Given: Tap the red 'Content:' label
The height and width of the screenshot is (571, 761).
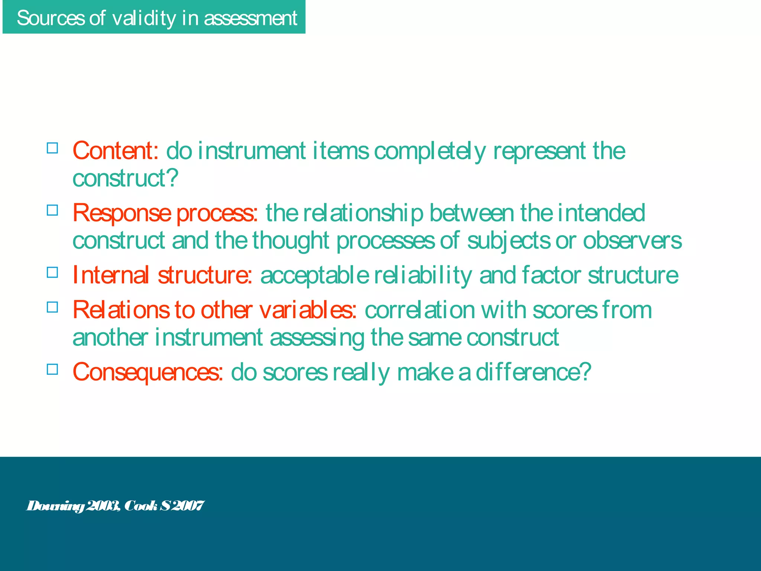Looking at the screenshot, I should (x=116, y=151).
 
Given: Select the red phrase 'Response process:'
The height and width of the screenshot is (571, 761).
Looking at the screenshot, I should (x=165, y=213).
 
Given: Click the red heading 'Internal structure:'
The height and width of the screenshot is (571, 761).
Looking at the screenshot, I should (x=162, y=275).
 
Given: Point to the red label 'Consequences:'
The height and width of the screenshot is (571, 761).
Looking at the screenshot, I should (x=148, y=372).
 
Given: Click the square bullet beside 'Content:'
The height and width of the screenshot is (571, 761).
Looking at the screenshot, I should (x=52, y=148).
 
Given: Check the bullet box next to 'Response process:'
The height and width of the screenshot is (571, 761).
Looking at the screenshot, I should (x=52, y=210).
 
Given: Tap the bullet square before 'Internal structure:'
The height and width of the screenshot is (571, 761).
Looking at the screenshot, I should (x=52, y=272).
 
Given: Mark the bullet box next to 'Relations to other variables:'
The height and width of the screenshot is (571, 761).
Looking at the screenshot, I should (x=52, y=307).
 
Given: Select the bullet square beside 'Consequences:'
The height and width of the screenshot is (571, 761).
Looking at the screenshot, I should (x=52, y=369).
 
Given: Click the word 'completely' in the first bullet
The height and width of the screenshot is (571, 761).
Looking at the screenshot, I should (x=430, y=151).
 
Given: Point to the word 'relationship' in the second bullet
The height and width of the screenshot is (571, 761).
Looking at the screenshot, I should (x=363, y=213).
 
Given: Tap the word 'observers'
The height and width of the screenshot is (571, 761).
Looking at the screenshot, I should (x=632, y=241).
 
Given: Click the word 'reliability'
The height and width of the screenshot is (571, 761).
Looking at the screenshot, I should (x=423, y=275).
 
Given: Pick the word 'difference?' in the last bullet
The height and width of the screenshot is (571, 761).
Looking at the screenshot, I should (x=533, y=372).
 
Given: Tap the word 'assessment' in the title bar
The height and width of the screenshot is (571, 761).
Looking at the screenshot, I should (x=250, y=18).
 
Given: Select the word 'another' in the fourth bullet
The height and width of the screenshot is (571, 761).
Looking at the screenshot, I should (x=110, y=338).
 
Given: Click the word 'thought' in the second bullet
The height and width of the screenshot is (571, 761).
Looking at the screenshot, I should (x=291, y=241).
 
